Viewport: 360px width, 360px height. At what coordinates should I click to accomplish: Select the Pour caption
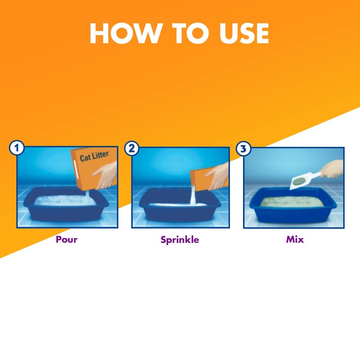pos(67,239)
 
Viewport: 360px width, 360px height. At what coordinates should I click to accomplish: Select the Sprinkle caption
pos(180,239)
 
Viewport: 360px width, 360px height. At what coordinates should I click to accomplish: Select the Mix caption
pos(295,239)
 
